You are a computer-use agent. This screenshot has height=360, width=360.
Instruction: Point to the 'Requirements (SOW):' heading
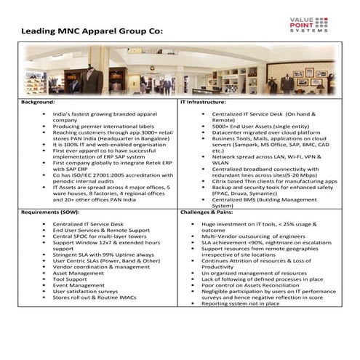click(49, 213)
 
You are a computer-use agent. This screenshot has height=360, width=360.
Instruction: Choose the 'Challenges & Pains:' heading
click(212, 213)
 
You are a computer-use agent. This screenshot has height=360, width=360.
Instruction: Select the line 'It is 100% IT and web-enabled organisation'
click(105, 145)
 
